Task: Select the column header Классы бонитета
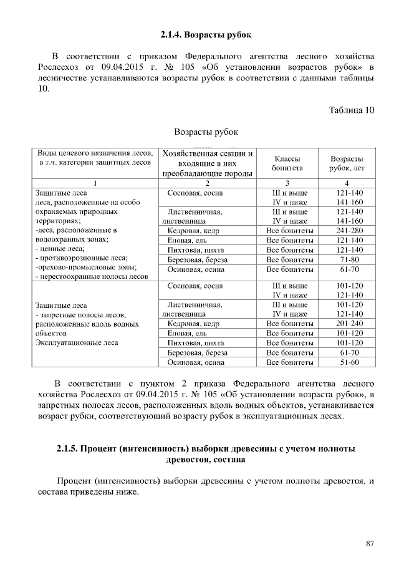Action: [287, 163]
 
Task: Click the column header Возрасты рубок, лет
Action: [347, 163]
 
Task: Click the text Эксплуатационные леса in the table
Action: [77, 343]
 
